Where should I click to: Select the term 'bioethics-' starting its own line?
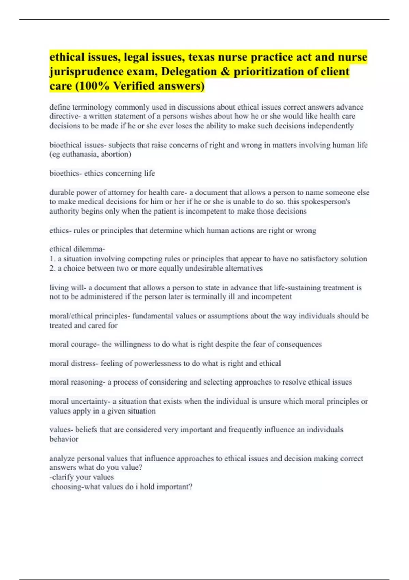click(66, 173)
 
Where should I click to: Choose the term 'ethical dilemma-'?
click(77, 249)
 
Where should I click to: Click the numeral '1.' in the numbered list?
click(52, 259)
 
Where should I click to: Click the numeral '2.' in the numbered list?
click(52, 269)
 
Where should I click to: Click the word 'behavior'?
click(64, 439)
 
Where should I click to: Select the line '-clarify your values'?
click(82, 477)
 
